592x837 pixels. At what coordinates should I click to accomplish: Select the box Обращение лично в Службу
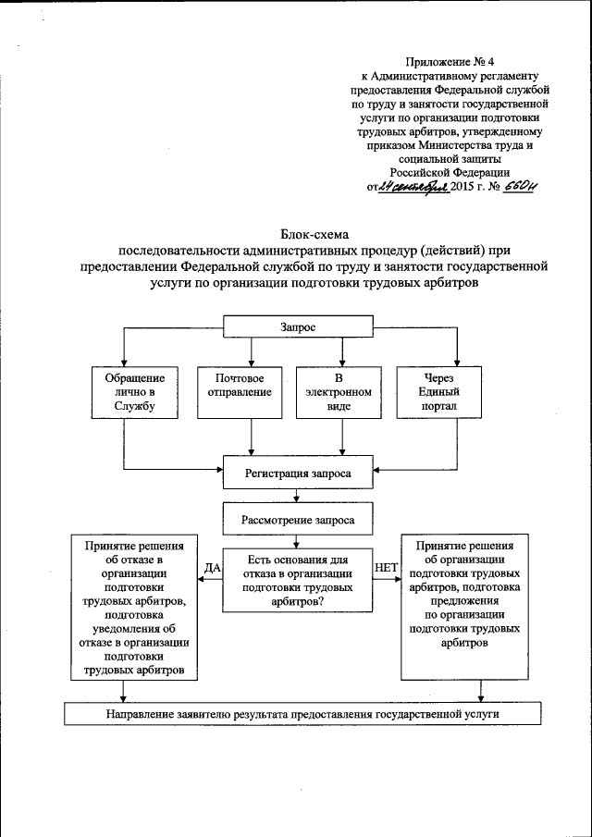[x=135, y=392]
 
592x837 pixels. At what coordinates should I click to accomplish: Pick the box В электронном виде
[x=339, y=392]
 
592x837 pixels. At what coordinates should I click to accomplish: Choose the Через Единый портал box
[x=440, y=392]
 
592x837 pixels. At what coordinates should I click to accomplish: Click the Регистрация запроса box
[x=298, y=472]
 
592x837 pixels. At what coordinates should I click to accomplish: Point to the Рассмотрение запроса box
[x=297, y=519]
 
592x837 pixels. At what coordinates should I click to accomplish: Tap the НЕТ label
[x=384, y=567]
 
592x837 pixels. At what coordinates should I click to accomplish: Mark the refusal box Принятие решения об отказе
[x=135, y=607]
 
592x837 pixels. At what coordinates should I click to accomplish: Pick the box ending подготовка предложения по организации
[x=464, y=597]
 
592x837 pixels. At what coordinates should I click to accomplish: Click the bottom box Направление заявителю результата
[x=302, y=714]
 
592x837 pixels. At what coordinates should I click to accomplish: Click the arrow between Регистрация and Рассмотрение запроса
[x=297, y=495]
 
